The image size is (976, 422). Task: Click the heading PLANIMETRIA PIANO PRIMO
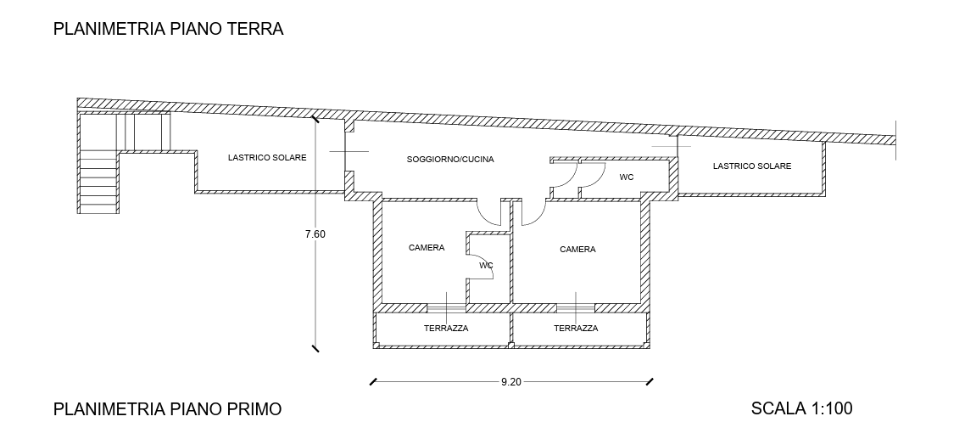coord(167,409)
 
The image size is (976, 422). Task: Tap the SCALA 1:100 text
coord(801,409)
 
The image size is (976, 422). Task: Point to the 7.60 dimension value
coord(315,234)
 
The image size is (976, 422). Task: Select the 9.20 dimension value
coord(510,382)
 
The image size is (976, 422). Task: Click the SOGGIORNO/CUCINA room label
coord(450,160)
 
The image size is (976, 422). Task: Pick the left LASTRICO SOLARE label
coord(267,158)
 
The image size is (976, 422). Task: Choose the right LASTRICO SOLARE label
coord(751,166)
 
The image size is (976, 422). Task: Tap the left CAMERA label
coord(427,248)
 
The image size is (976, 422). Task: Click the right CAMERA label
coord(577,250)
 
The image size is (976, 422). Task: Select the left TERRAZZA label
coord(446,329)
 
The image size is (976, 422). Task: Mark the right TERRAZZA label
coord(576,329)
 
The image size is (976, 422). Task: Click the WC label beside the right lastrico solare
coord(627,177)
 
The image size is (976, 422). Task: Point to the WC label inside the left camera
coord(486,265)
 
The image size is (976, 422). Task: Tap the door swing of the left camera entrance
coord(490,211)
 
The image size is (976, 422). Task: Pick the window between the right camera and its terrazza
coord(575,307)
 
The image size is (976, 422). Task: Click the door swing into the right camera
coord(531,212)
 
